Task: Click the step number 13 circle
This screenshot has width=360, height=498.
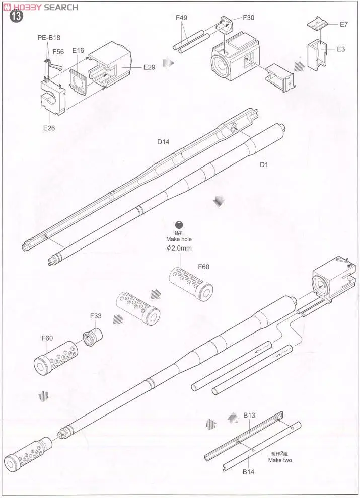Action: point(16,16)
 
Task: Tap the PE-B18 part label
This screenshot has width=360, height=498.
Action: point(49,38)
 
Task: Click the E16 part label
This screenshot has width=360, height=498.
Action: point(78,50)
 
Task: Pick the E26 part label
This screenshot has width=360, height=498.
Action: point(49,128)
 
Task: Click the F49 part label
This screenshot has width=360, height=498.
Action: point(182,18)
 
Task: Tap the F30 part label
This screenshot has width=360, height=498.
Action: point(248,17)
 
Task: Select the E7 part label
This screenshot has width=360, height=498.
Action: point(344,24)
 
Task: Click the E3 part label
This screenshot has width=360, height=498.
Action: point(341,49)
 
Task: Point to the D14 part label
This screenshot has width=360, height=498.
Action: point(163,142)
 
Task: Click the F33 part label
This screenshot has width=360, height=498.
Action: point(96,316)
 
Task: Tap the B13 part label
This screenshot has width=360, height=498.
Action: point(249,416)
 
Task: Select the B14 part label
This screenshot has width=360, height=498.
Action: point(249,472)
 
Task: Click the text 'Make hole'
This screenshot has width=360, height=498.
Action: point(179,239)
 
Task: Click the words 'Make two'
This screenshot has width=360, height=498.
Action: point(279,460)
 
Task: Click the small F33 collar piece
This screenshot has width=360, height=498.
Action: point(91,336)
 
